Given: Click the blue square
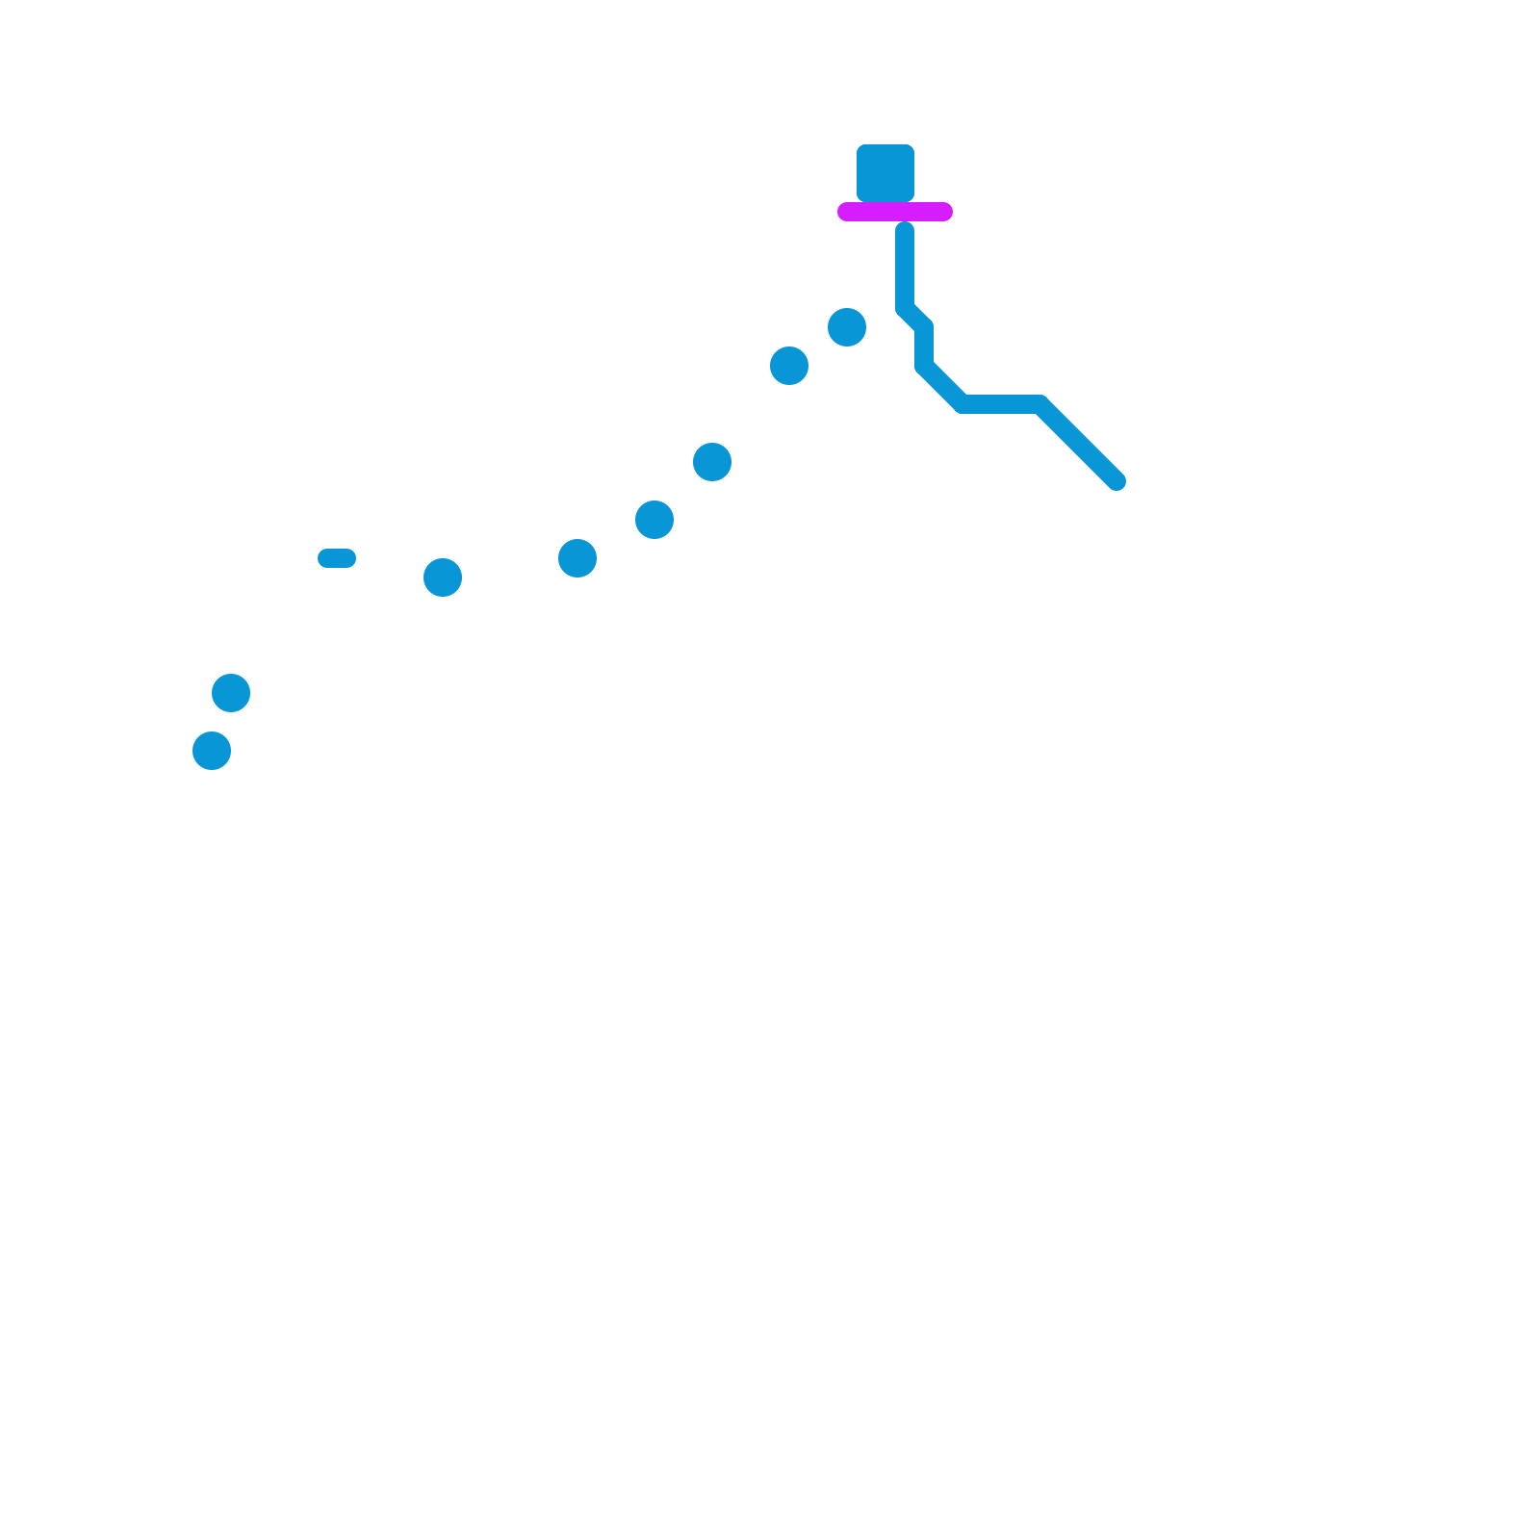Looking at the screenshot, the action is click(885, 173).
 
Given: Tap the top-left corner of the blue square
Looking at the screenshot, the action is click(859, 146).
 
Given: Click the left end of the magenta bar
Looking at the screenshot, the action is click(845, 212).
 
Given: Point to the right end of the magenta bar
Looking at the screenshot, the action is click(945, 212).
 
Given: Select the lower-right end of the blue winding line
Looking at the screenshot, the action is click(1116, 481).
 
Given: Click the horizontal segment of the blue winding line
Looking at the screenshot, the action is click(1001, 404).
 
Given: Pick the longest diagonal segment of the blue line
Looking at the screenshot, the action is click(1078, 443).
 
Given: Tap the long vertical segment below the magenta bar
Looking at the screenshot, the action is click(905, 269).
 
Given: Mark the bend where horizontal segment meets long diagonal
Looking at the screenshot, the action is click(1039, 404).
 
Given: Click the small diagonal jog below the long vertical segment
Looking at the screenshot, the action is click(914, 318).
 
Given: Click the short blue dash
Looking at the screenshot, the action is click(337, 558).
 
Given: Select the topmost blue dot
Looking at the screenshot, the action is click(847, 327).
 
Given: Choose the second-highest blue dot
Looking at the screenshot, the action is click(789, 366).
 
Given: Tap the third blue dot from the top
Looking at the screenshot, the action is click(712, 462).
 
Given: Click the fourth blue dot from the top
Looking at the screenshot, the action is click(654, 520).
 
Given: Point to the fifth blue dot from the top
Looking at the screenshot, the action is click(577, 558).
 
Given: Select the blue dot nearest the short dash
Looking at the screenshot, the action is click(443, 577).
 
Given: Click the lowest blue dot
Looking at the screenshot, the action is click(212, 751).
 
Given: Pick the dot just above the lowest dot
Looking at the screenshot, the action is click(231, 693).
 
